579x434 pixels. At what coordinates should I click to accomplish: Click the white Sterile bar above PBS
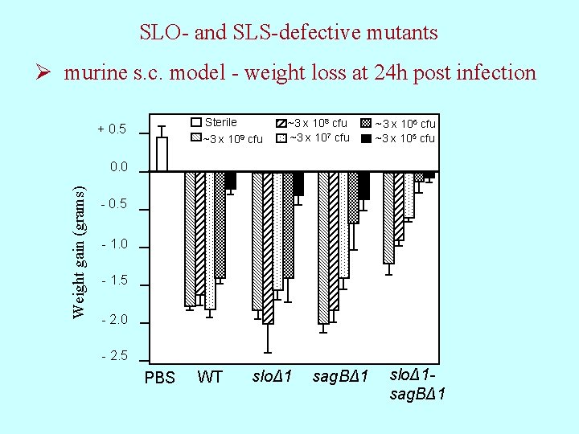point(162,154)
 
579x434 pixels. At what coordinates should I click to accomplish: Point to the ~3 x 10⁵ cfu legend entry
point(398,138)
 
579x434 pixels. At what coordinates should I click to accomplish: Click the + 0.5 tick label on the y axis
point(112,129)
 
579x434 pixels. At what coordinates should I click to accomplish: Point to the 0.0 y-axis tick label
point(118,167)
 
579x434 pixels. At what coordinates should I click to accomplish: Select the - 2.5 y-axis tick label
point(113,356)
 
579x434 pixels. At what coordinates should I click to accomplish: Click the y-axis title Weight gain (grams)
point(79,252)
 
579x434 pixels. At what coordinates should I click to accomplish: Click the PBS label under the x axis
point(159,378)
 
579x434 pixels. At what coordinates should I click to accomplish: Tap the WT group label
point(210,377)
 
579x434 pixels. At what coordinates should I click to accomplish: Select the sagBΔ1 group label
point(340,377)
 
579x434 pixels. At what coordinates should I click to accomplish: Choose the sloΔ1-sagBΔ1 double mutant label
point(417,384)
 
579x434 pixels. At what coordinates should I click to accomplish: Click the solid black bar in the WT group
point(230,180)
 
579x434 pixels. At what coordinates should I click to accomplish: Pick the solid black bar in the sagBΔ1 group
point(363,185)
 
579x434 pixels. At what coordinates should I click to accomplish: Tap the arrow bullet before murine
point(47,73)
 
